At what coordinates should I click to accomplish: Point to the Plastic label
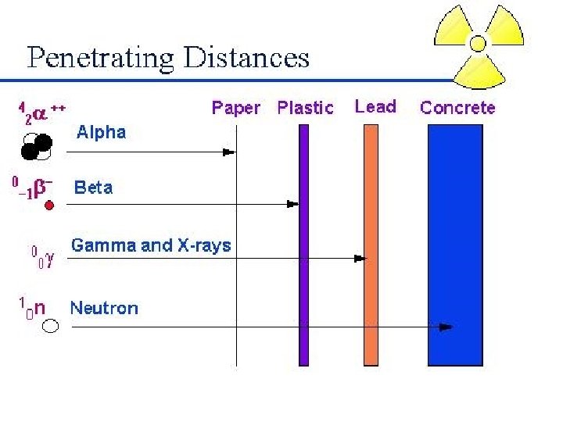(x=305, y=108)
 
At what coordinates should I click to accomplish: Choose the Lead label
(x=375, y=106)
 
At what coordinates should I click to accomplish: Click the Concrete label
(x=457, y=108)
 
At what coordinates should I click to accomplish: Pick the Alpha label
(x=101, y=132)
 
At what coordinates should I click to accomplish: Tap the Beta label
(x=93, y=188)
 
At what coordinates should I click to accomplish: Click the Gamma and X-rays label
(x=151, y=245)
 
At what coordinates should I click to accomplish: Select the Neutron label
(x=104, y=308)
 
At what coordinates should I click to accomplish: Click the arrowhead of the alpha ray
(x=229, y=152)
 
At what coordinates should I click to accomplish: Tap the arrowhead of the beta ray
(x=292, y=204)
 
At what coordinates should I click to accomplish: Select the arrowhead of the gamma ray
(x=360, y=257)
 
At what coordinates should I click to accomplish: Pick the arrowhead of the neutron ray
(x=446, y=327)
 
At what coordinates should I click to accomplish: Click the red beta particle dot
(x=48, y=206)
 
